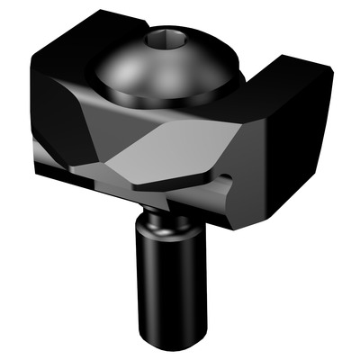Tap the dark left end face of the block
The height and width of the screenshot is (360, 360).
[54, 108]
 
